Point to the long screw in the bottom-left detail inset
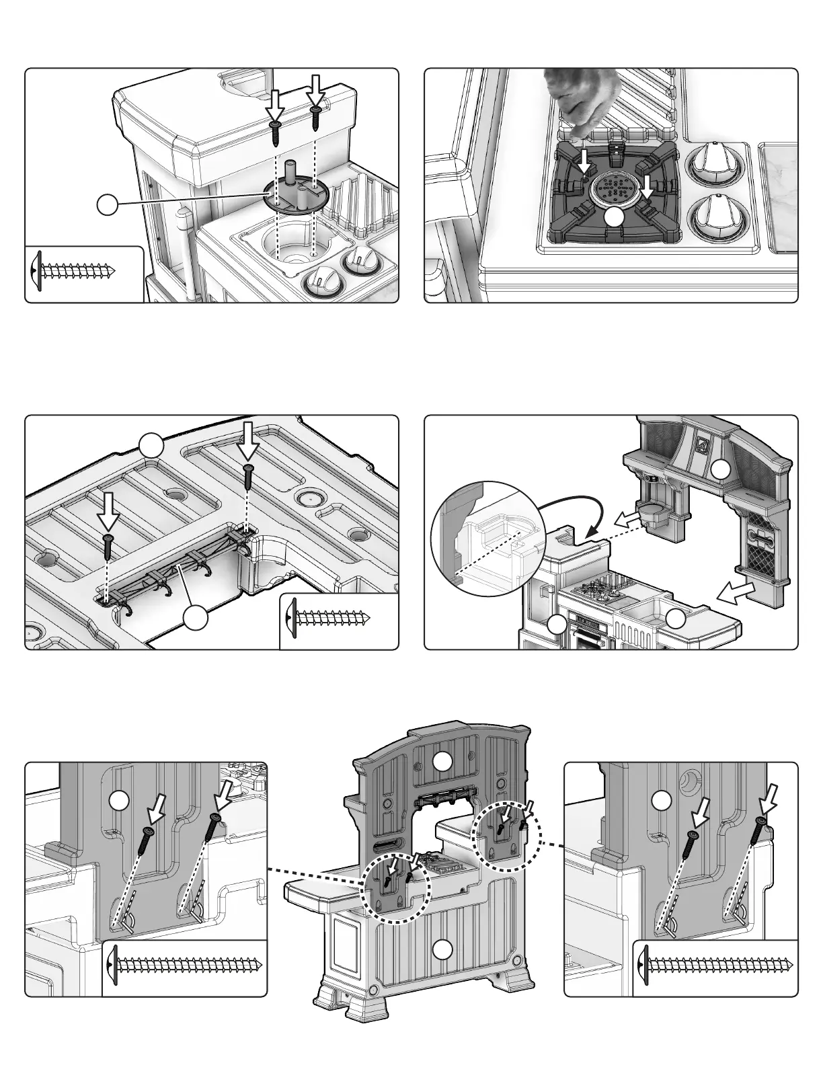click(185, 965)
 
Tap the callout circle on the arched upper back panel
click(442, 762)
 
